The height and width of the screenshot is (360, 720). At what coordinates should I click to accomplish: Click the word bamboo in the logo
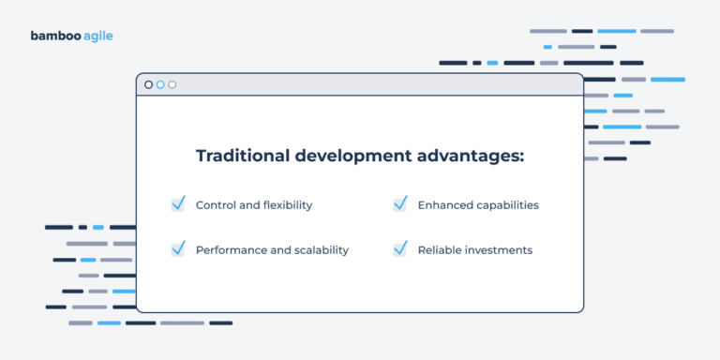55,37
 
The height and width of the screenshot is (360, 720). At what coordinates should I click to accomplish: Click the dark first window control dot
148,84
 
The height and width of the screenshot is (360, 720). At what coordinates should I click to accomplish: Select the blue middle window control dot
160,84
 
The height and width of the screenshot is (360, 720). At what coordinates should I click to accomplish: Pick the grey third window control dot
172,84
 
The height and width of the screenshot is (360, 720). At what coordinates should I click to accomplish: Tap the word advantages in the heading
472,156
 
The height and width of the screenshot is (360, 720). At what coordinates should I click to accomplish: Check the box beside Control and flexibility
178,203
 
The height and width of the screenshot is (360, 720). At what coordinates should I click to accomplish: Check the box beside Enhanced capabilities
399,203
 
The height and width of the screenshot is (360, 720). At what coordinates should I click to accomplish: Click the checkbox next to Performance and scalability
178,249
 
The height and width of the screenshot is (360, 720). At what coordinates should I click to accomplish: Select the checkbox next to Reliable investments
399,249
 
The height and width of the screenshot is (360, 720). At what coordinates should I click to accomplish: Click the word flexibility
285,204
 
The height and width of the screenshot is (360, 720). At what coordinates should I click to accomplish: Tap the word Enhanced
445,204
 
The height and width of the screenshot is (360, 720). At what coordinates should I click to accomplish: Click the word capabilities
507,204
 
